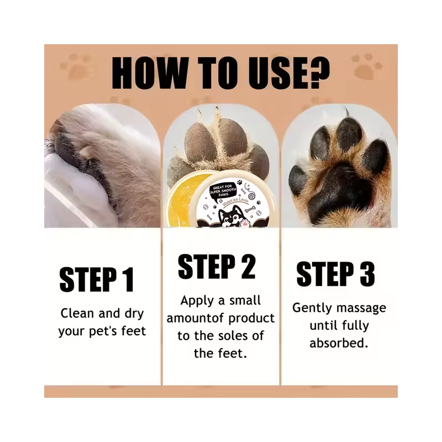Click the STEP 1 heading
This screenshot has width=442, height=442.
[97, 279]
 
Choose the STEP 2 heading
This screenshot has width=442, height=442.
[217, 267]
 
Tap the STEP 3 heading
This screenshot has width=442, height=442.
[335, 275]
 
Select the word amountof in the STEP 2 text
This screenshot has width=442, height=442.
[189, 319]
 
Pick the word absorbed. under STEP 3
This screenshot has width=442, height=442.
[339, 343]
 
